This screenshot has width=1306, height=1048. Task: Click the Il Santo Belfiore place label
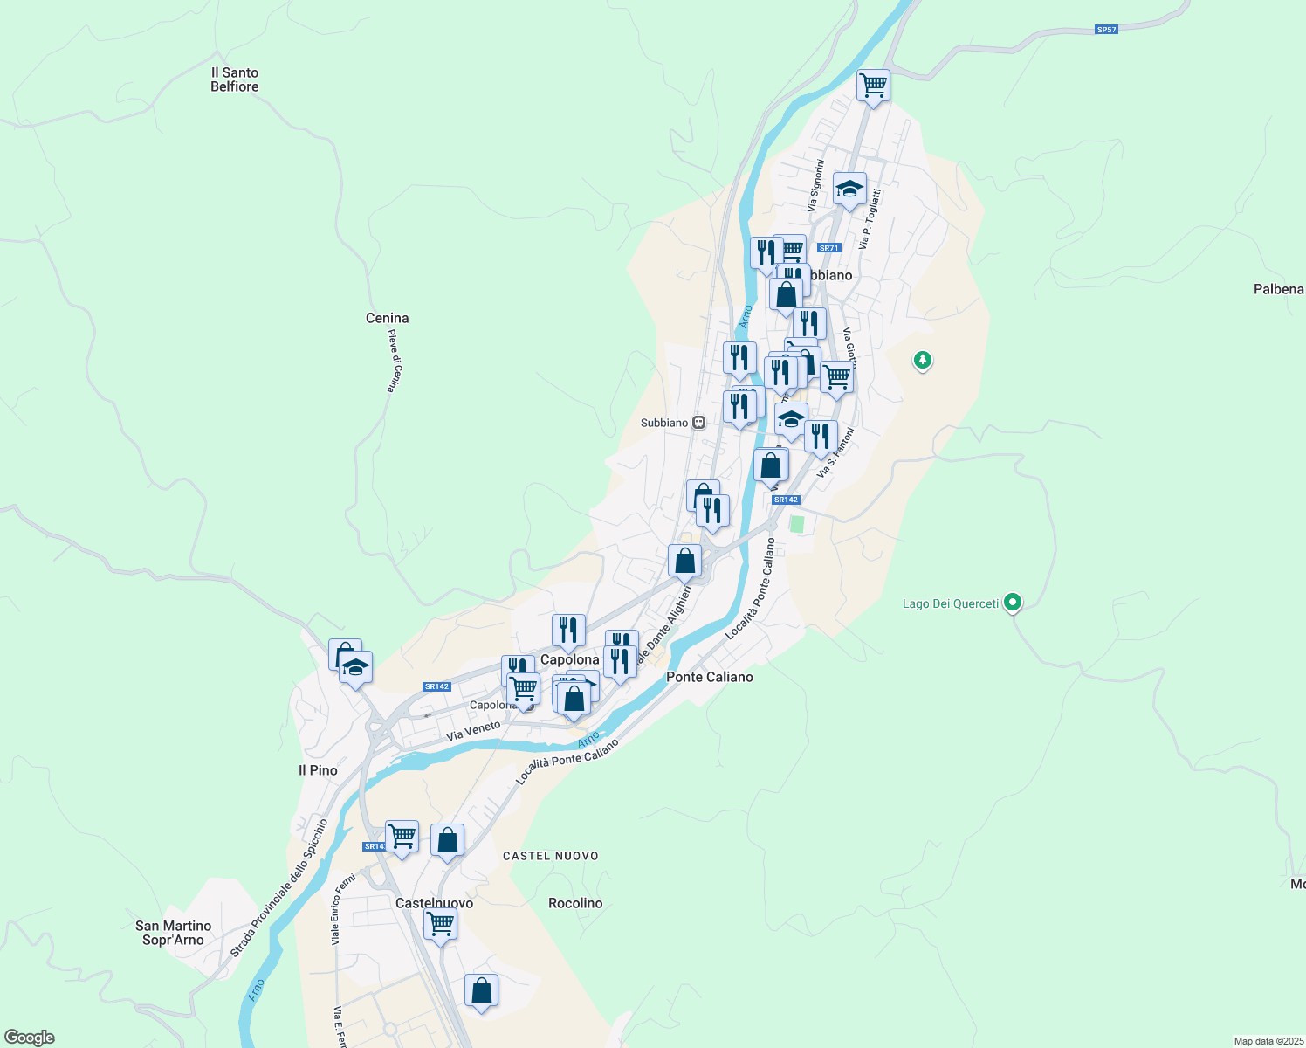click(x=235, y=79)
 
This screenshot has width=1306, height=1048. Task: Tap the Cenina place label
click(x=388, y=318)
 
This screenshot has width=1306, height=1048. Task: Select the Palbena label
click(x=1278, y=289)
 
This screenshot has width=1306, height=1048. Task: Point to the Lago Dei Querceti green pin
click(x=1013, y=602)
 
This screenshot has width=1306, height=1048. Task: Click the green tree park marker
click(x=922, y=360)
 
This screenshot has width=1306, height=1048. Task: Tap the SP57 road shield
click(x=1106, y=30)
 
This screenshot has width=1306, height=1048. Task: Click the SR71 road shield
click(x=828, y=248)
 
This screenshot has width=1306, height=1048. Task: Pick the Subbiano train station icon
click(x=698, y=423)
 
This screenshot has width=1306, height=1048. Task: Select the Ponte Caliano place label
click(x=709, y=677)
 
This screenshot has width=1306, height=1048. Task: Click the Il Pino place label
click(x=318, y=770)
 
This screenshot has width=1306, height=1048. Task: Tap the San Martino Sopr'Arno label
click(x=173, y=933)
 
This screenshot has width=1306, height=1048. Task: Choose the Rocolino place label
click(x=575, y=903)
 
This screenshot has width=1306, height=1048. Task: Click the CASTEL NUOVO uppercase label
click(x=551, y=856)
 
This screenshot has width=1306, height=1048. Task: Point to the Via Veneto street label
click(x=473, y=731)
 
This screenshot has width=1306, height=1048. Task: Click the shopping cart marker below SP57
click(x=873, y=86)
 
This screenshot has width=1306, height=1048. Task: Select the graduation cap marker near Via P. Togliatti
click(x=849, y=189)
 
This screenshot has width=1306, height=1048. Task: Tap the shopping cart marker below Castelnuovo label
click(x=441, y=923)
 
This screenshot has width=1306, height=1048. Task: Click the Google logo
click(x=29, y=1038)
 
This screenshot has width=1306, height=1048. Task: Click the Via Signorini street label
click(x=816, y=185)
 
